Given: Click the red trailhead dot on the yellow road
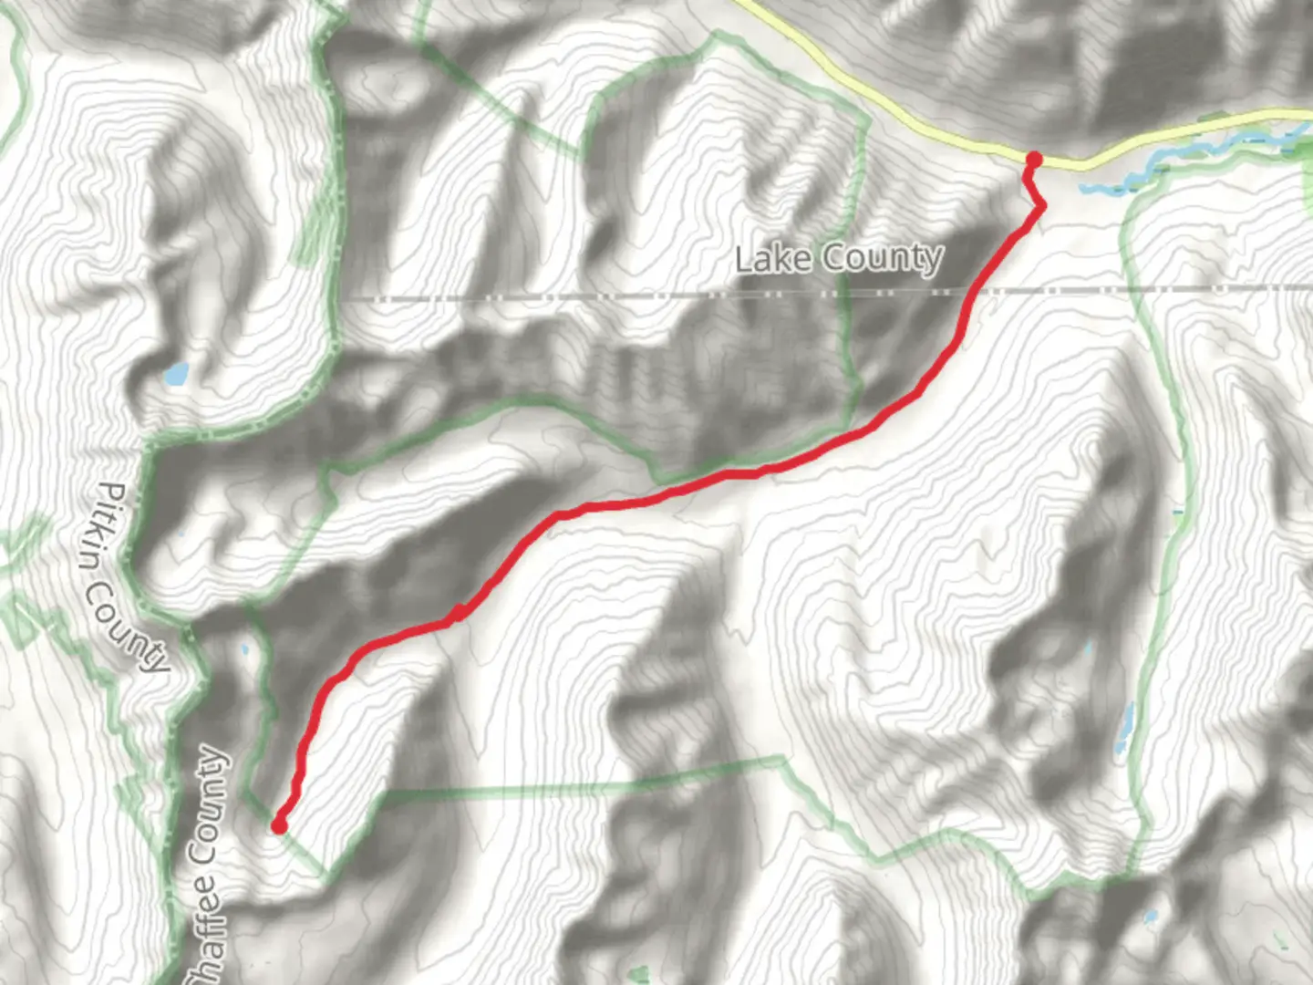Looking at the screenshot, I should [x=1033, y=161].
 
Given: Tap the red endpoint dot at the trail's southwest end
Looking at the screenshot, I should [x=279, y=826].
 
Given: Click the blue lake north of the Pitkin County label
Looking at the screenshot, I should [x=175, y=373].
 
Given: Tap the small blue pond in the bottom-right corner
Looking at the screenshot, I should [x=1151, y=916].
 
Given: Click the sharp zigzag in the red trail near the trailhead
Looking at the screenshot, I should [x=1040, y=208].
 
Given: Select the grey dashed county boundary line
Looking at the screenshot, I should [x=547, y=296].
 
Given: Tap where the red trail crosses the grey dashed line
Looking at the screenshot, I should [x=975, y=293].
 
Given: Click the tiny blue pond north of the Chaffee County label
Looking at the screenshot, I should [x=244, y=650].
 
